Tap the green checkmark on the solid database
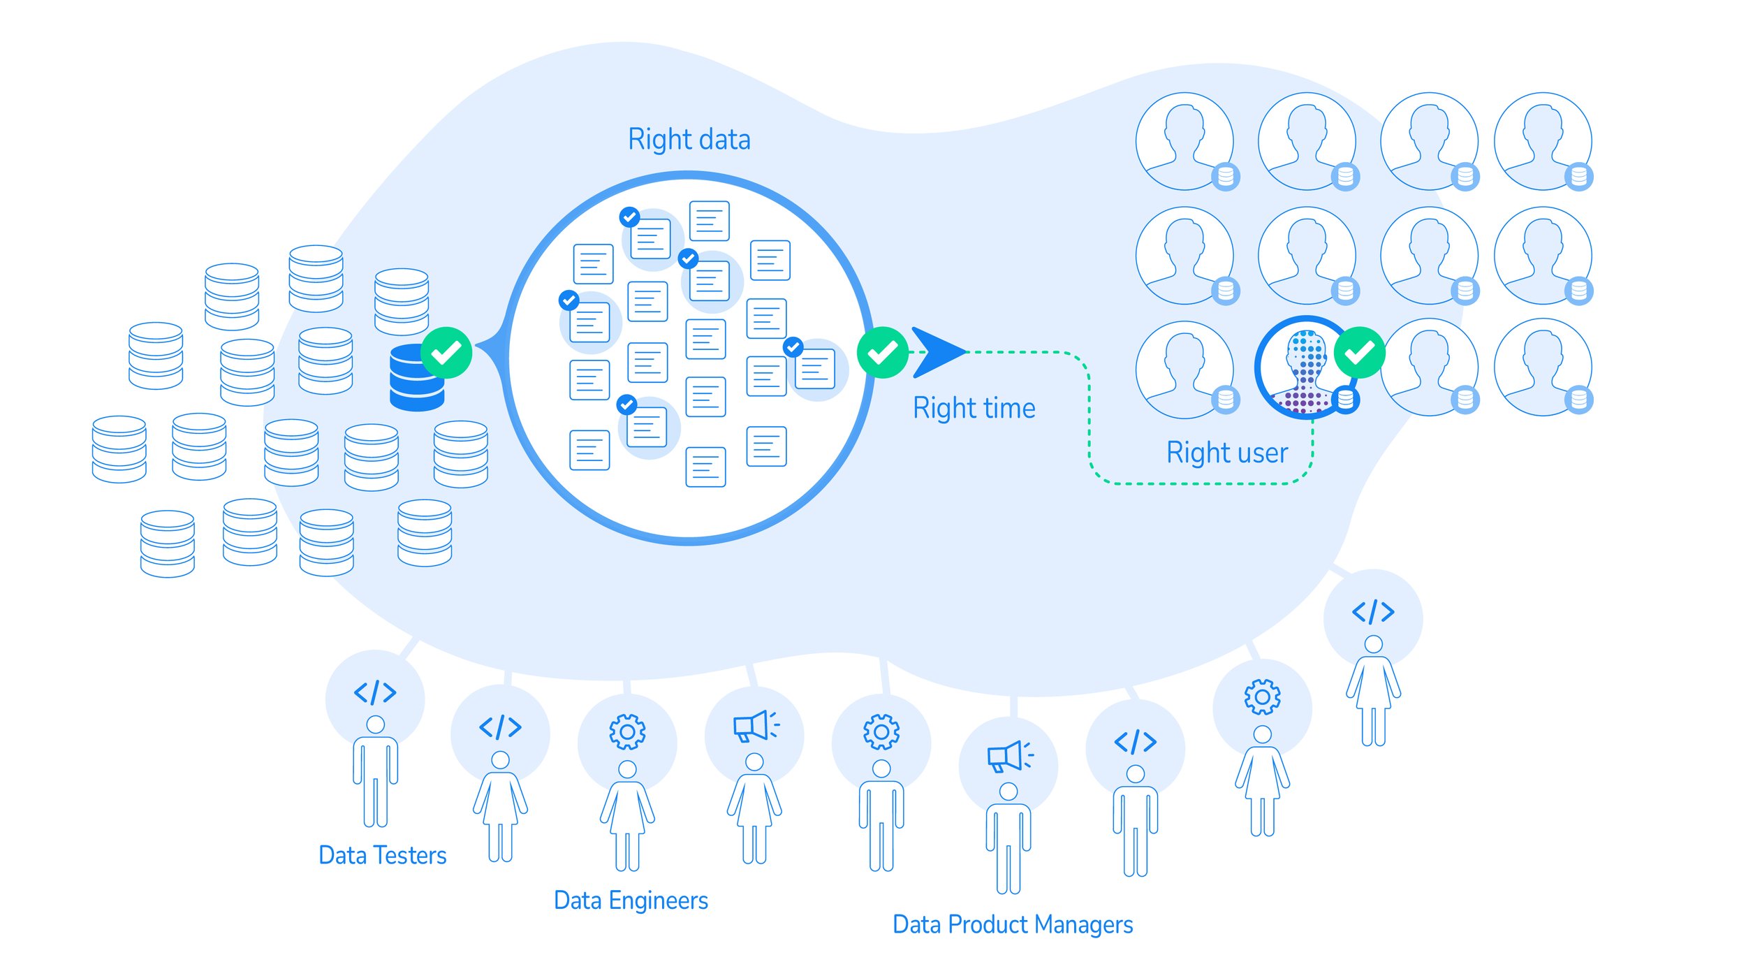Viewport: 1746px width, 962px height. click(x=446, y=353)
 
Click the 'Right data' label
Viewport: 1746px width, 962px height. click(x=689, y=140)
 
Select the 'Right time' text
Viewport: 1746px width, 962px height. click(x=974, y=409)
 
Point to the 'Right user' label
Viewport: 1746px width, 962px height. click(x=1226, y=453)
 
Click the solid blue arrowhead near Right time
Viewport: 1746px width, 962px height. click(x=934, y=352)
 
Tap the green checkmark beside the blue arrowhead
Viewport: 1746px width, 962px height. click(x=882, y=353)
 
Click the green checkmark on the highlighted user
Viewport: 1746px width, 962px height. click(x=1359, y=353)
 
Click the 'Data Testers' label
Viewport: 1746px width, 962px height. click(x=382, y=856)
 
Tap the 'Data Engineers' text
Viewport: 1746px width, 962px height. click(x=630, y=901)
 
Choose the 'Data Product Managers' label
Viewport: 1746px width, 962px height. click(x=1012, y=925)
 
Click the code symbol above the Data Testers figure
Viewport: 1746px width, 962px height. click(x=375, y=692)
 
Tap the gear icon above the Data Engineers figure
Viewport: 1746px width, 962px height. click(x=627, y=732)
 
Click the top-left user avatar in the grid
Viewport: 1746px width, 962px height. click(x=1184, y=141)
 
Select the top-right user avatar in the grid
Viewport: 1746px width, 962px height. click(x=1542, y=141)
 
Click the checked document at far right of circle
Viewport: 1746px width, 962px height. click(x=814, y=369)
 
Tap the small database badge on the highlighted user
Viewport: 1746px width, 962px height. click(x=1345, y=400)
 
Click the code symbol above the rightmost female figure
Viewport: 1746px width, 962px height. click(x=1372, y=612)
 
